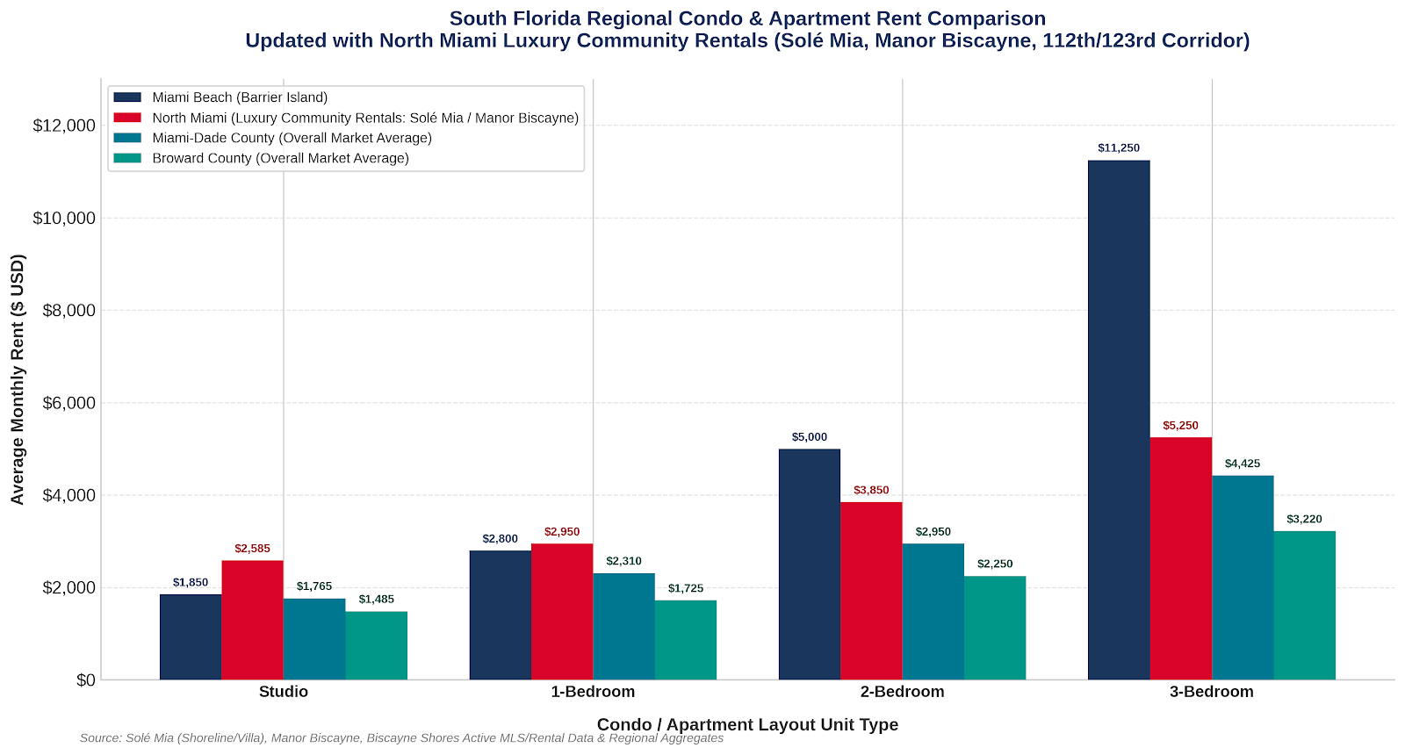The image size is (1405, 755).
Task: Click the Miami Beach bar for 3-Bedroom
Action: tap(1119, 421)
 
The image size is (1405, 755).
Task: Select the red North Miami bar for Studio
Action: tap(252, 620)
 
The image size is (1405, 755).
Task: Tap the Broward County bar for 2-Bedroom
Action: tap(995, 628)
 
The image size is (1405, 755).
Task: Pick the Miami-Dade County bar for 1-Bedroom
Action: tap(623, 627)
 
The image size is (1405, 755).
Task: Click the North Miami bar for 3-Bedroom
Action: tap(1180, 558)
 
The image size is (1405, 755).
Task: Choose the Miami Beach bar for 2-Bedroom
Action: tap(809, 564)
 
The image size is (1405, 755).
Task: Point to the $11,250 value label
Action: tap(1119, 148)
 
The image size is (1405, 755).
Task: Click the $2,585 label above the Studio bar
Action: tap(252, 549)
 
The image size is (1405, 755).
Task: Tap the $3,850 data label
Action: tap(871, 491)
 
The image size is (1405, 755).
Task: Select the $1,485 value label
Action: tap(377, 600)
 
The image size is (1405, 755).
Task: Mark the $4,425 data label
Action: tap(1243, 464)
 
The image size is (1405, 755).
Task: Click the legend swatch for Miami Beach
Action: tap(127, 97)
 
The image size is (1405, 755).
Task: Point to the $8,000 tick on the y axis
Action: tap(69, 311)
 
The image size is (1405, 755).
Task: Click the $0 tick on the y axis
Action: tap(86, 680)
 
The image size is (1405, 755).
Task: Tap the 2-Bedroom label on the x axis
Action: tap(902, 692)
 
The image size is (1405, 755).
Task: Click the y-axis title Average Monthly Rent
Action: tap(18, 379)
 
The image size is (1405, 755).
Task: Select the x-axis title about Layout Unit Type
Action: tap(747, 725)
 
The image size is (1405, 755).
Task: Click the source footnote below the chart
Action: tap(401, 738)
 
